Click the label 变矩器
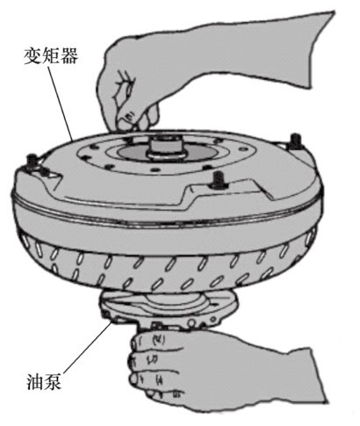click(51, 56)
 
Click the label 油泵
click(44, 381)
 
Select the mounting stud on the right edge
click(295, 141)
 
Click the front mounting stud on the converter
click(218, 179)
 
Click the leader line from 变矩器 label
click(61, 104)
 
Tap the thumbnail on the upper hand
click(129, 117)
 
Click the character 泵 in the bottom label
click(53, 381)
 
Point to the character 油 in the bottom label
click(35, 381)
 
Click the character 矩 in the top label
click(51, 56)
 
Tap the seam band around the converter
click(167, 218)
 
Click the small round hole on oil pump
click(192, 322)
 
